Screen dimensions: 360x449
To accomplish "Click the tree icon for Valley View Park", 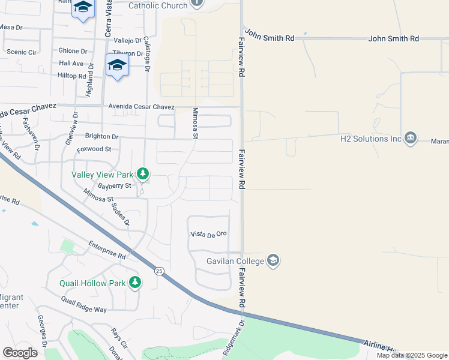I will point(142,174).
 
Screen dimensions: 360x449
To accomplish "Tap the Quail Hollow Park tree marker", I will point(135,282).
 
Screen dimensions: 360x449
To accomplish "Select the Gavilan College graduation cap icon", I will point(273,260).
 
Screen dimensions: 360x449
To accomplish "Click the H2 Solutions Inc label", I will point(370,139).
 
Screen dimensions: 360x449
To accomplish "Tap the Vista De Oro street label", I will point(208,233).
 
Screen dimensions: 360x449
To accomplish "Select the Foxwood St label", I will point(94,149).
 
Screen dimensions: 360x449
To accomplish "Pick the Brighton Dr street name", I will point(101,136).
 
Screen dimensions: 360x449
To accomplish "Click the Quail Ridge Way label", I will point(83,304).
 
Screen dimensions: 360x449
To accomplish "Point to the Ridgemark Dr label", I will point(234,339).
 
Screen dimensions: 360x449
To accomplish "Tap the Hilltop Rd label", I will point(72,76).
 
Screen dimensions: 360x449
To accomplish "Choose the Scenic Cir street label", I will point(21,52).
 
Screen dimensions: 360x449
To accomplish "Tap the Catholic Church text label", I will point(158,5).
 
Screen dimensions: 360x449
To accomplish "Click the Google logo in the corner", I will point(20,353).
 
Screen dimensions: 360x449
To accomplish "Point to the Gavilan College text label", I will point(227,261).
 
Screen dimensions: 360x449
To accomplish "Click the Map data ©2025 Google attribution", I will point(412,355).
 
